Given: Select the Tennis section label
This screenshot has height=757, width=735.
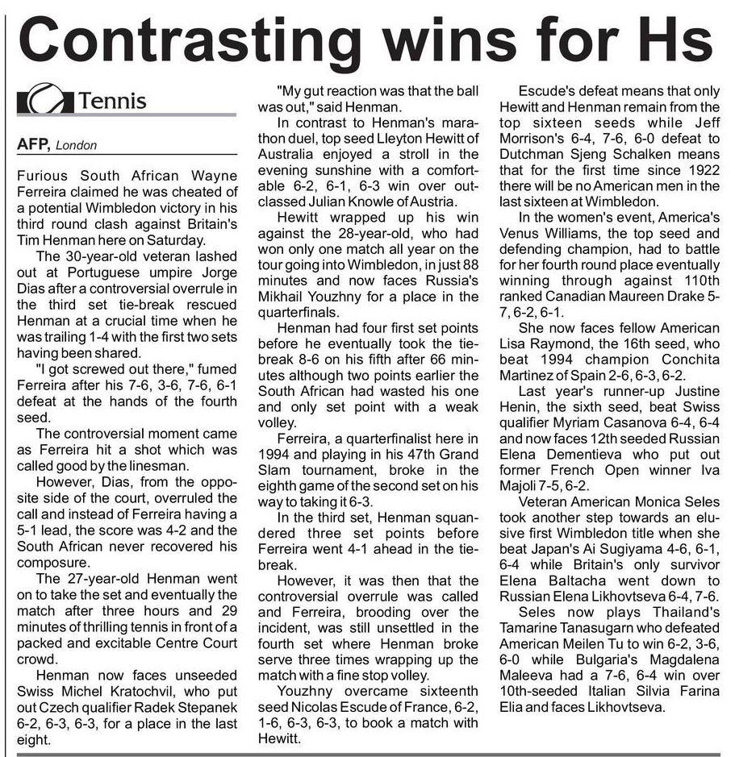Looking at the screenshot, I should coord(113,102).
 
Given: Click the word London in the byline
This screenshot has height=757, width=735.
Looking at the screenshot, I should coord(77,146).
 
